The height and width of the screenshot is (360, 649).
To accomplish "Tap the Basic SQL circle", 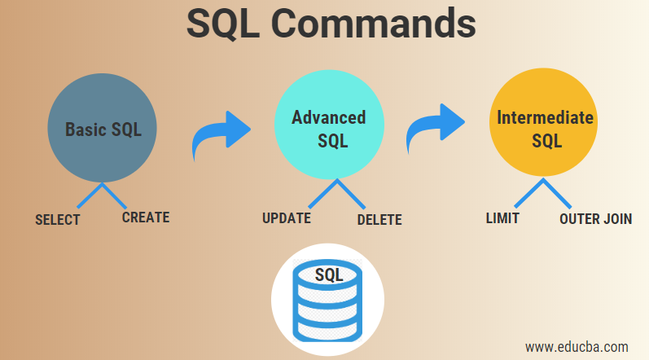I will click(101, 130).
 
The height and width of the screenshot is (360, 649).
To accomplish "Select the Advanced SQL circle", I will click(328, 129).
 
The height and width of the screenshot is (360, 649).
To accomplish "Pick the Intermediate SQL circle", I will click(545, 129).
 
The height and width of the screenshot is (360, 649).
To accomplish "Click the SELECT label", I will click(58, 220).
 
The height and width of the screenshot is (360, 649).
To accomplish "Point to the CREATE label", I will click(146, 217).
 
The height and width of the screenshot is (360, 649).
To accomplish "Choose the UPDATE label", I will click(286, 218).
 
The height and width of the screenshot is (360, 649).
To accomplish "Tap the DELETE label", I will click(379, 219).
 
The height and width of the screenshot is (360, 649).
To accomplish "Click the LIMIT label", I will click(502, 218).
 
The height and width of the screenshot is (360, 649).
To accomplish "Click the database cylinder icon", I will click(327, 302).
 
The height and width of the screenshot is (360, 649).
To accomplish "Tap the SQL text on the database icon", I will click(328, 274).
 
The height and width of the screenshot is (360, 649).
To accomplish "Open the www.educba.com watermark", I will click(577, 345).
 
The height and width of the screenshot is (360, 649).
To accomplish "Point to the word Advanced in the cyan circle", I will click(328, 117).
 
